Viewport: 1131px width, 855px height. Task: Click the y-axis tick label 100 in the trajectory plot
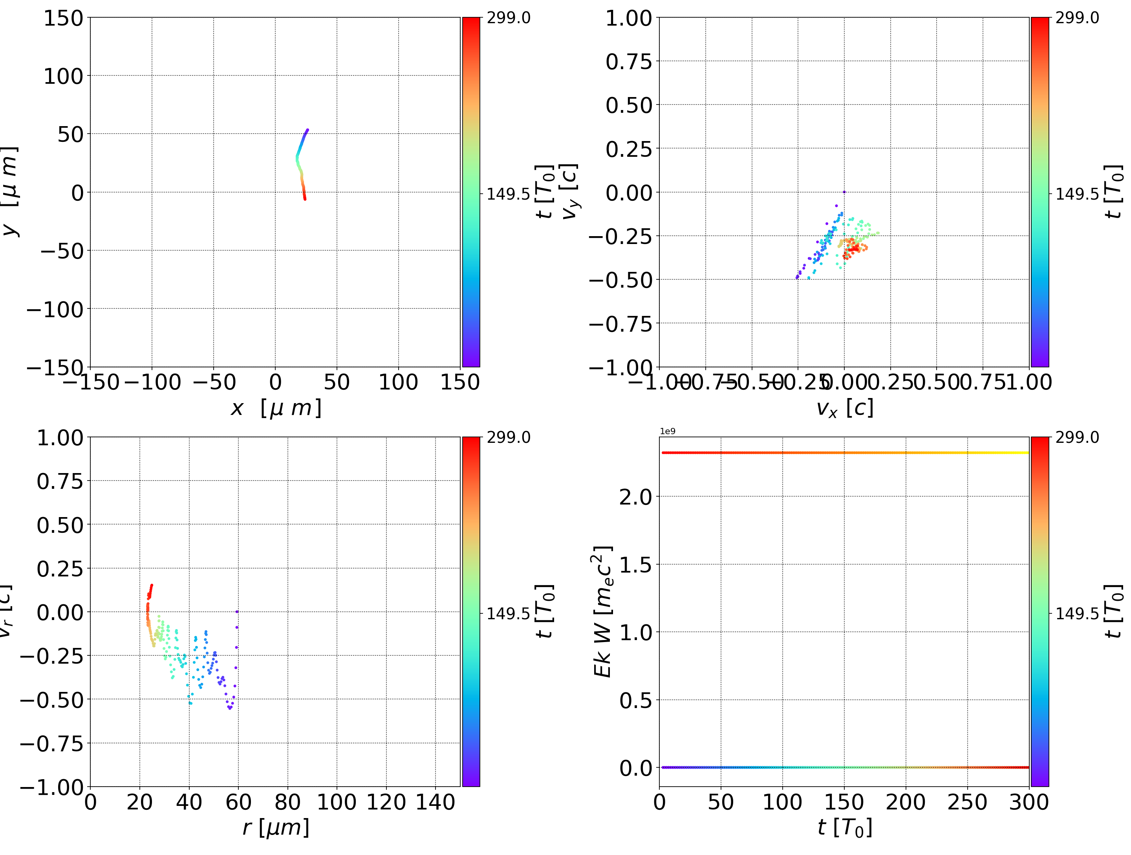(62, 76)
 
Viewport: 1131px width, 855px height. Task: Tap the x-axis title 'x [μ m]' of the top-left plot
(276, 408)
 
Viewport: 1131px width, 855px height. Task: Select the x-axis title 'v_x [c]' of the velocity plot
(845, 408)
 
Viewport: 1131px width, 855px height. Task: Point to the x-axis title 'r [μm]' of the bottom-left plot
(276, 827)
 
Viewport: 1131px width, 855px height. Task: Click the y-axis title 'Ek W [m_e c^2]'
(603, 611)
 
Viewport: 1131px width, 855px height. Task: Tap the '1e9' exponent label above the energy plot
(667, 431)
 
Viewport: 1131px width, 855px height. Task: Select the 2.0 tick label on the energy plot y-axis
(635, 497)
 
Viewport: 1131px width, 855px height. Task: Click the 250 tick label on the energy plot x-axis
(967, 802)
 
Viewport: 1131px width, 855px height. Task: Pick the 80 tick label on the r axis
(287, 802)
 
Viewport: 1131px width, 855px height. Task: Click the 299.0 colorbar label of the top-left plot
(508, 18)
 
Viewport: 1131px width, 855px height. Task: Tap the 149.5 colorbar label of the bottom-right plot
(1077, 613)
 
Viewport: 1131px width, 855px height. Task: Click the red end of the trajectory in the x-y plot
(305, 198)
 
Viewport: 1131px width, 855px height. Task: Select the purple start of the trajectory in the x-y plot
(307, 130)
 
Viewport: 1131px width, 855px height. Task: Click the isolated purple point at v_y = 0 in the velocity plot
(844, 192)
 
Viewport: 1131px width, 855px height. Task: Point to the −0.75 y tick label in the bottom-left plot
(51, 743)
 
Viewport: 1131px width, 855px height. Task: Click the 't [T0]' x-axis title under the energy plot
(845, 827)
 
